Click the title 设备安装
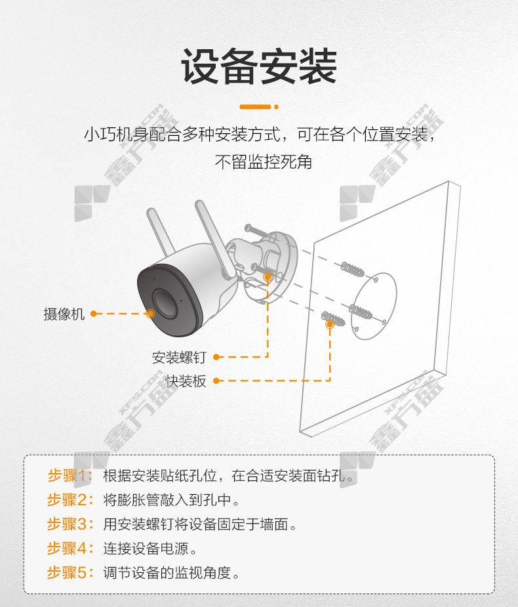259,66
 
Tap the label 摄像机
64,314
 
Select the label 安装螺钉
179,357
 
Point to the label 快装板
186,381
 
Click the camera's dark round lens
165,303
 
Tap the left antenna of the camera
161,232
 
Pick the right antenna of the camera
215,238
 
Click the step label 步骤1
70,475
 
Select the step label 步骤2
70,500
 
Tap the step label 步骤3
70,524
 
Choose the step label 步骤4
70,548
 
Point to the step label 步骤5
70,572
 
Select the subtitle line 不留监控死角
264,161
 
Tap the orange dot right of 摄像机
93,314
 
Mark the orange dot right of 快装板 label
216,381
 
